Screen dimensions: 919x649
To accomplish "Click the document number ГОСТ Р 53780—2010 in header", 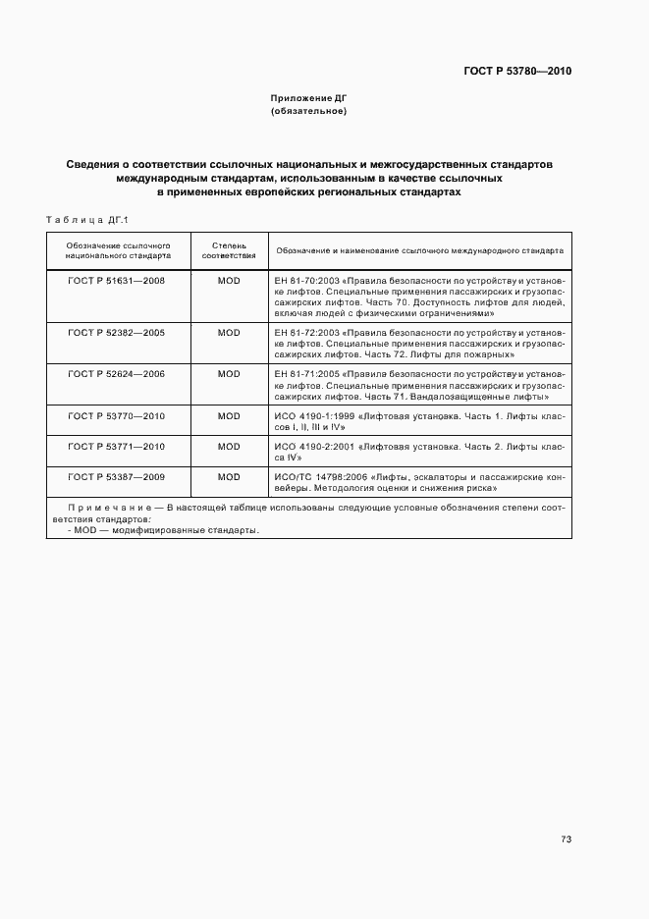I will point(517,72).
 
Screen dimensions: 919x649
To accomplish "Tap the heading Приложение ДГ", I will point(309,99).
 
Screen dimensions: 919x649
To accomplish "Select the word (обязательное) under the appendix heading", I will point(309,112).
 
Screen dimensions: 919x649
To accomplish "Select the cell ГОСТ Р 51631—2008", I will point(116,281).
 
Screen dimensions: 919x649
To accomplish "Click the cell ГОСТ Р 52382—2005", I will point(116,333).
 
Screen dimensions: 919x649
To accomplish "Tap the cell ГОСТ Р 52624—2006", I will point(116,374).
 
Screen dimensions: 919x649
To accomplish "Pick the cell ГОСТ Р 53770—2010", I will point(116,416).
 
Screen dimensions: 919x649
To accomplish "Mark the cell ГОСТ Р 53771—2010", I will point(116,447).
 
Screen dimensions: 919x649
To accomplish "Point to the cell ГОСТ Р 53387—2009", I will point(116,477).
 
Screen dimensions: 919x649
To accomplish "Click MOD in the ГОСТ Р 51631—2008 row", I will point(229,281).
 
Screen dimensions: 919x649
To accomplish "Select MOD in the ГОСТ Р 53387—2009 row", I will point(229,477).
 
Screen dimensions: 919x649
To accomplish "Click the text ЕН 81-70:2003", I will point(306,281).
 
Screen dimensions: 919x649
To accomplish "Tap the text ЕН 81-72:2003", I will point(306,333).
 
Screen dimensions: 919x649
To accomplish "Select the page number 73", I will point(566,839).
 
